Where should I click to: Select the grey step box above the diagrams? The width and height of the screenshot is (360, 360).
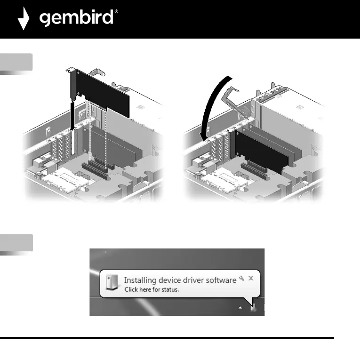16,62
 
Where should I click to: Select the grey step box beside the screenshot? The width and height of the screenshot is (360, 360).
16,243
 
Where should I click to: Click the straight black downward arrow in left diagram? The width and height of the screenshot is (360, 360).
72,113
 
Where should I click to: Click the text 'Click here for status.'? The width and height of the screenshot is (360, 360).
151,289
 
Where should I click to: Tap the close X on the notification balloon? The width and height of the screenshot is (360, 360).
251,278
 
